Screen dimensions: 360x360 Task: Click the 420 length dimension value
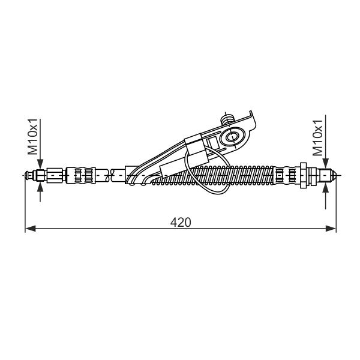[181, 222]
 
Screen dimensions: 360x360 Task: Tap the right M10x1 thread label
[318, 138]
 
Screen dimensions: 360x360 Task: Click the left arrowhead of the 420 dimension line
[31, 229]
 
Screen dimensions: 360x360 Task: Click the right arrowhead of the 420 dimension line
[331, 229]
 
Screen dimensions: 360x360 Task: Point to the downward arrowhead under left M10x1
[40, 164]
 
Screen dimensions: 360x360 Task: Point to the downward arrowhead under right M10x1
[325, 164]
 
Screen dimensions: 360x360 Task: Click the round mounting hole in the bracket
[232, 137]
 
